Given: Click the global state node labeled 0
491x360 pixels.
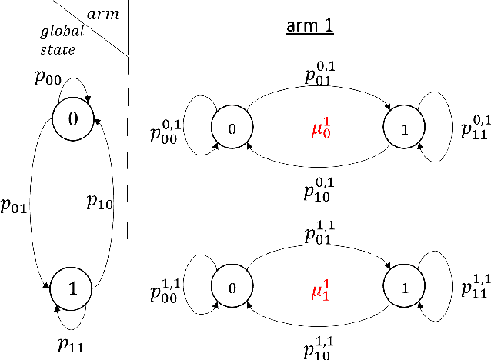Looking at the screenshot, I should click(72, 118).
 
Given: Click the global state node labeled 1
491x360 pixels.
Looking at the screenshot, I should click(72, 289).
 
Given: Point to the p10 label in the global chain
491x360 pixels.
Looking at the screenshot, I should click(100, 202).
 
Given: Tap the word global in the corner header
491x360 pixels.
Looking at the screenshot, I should click(56, 33).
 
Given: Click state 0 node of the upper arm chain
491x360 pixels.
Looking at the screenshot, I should click(232, 128).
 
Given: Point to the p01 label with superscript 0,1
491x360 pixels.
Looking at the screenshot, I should click(319, 74).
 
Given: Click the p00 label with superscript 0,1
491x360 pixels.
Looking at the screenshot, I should click(165, 132).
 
